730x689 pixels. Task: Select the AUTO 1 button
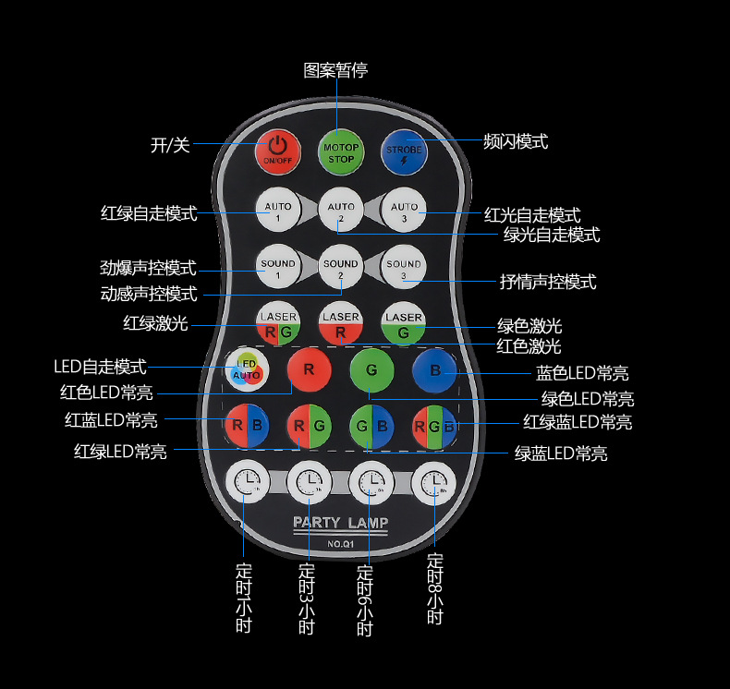pos(277,212)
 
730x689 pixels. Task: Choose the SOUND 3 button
pos(403,268)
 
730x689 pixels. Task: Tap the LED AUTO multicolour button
pos(247,369)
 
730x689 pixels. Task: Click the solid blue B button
pos(434,370)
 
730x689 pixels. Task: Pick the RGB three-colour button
pos(434,426)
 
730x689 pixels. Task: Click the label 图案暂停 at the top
pos(335,70)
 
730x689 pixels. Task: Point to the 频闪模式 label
pos(517,141)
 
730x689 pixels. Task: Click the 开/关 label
pos(170,144)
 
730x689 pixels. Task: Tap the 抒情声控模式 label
pos(548,282)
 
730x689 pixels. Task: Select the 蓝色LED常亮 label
pos(582,373)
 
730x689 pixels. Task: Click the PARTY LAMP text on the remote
pos(340,523)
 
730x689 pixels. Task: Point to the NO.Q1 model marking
pos(340,543)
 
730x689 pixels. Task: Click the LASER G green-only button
pos(403,323)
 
